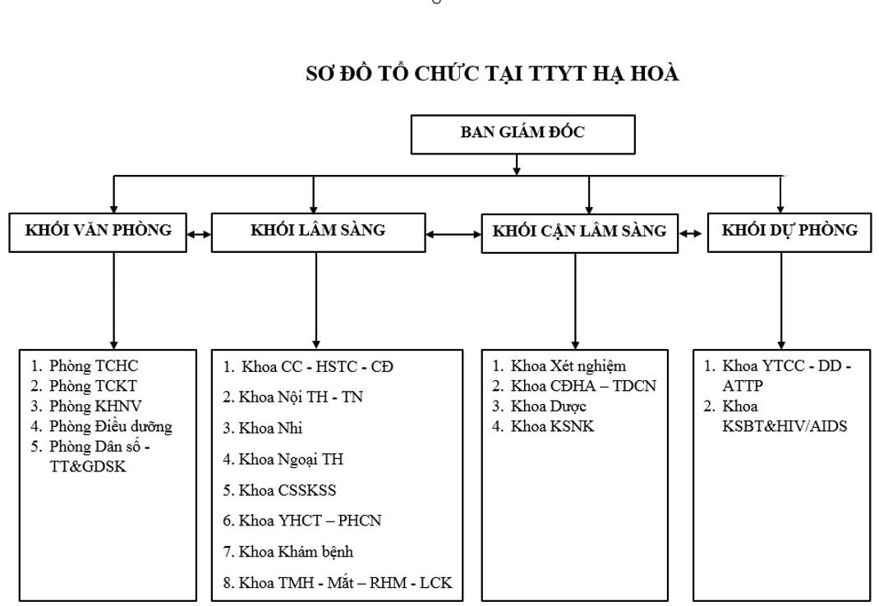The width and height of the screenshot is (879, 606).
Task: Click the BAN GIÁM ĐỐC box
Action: [522, 135]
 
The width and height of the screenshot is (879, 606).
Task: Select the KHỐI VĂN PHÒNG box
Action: [99, 232]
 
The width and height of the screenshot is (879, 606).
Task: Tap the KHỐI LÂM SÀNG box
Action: [317, 232]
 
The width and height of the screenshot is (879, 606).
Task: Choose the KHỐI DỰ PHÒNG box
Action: [789, 232]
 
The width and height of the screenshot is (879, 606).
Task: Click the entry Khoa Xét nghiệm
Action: [568, 366]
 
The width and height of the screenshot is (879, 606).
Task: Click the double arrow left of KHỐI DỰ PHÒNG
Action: [693, 233]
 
